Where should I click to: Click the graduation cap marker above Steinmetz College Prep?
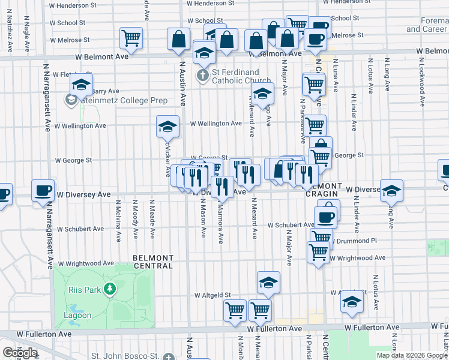(80, 86)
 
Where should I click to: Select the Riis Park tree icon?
(109, 290)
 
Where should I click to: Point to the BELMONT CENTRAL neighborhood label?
(153, 262)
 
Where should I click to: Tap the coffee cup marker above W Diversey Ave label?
(42, 191)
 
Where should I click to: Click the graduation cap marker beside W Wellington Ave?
(168, 127)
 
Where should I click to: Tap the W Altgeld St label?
(213, 295)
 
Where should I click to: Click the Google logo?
(20, 353)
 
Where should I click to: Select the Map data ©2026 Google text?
(411, 355)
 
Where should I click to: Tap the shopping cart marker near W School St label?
(130, 38)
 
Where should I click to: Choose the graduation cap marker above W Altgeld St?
(268, 283)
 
